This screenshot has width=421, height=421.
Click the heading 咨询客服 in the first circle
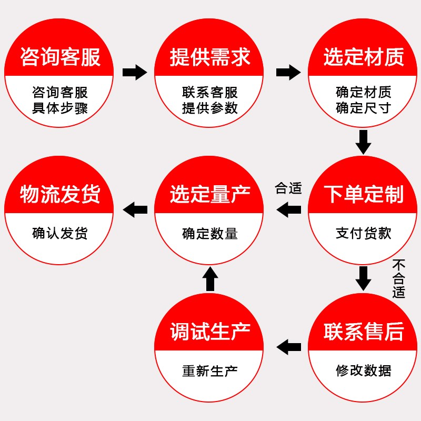click(x=60, y=57)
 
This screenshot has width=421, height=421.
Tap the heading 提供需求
click(x=210, y=57)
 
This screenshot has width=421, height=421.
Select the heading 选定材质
click(x=364, y=57)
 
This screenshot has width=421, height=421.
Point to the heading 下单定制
click(x=364, y=194)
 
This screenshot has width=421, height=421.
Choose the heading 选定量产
click(x=210, y=194)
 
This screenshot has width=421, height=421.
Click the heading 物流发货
click(x=60, y=194)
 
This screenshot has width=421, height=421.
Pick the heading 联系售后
click(x=364, y=332)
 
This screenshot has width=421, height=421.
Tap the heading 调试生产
click(x=210, y=332)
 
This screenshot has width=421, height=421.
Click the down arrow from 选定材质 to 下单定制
click(x=364, y=142)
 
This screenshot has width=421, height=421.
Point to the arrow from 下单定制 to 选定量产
click(x=289, y=210)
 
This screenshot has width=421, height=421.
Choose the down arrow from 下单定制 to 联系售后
click(x=364, y=278)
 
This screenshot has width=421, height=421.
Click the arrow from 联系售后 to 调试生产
click(x=289, y=347)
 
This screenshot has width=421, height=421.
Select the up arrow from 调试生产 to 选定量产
click(x=210, y=278)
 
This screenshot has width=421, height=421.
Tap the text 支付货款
click(x=364, y=233)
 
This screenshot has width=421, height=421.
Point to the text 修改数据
click(x=364, y=370)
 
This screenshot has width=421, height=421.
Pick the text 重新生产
click(x=210, y=370)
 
